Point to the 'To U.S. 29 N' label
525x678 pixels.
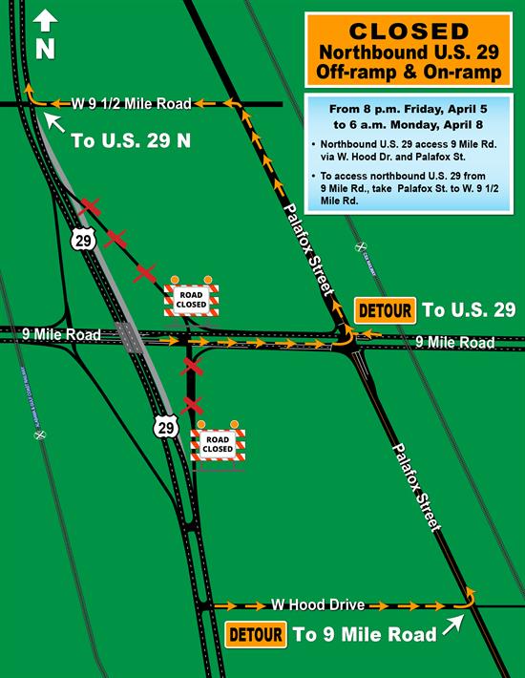(x=131, y=141)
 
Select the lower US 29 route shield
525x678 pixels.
(x=166, y=426)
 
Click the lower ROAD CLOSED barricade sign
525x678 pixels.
(x=219, y=443)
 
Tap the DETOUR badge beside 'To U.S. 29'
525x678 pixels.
(x=386, y=310)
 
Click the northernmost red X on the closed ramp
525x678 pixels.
(x=91, y=206)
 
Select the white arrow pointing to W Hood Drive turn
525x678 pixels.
(x=452, y=625)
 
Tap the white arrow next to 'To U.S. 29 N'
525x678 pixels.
(x=55, y=122)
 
